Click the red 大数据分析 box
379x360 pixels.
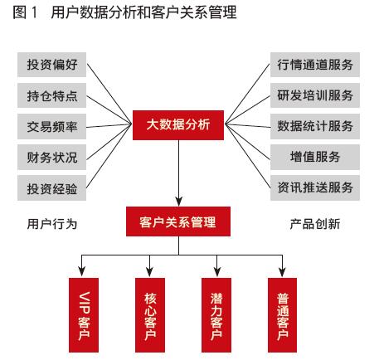(x=178, y=125)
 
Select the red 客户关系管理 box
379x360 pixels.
(x=178, y=221)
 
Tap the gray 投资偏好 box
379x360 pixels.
(x=51, y=65)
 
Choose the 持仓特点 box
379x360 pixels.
(x=51, y=95)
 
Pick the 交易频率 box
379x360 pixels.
(x=51, y=126)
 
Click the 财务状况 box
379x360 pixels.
(x=51, y=157)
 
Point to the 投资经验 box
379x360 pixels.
(x=51, y=188)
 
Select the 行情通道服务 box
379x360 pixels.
(x=315, y=65)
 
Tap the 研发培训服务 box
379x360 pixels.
(x=315, y=95)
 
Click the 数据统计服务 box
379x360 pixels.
(x=315, y=126)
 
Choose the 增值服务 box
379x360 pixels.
(x=315, y=157)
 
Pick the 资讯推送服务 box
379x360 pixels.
(x=315, y=188)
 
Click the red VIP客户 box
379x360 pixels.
(x=84, y=315)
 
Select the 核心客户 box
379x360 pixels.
(x=150, y=315)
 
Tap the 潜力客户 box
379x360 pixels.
(x=216, y=315)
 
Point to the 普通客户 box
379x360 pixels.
(x=282, y=315)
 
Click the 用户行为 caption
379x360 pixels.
(x=52, y=224)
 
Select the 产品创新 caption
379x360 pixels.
(x=315, y=224)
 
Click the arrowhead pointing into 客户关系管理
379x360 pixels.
(x=178, y=202)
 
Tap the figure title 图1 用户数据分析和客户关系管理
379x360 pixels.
(x=124, y=12)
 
